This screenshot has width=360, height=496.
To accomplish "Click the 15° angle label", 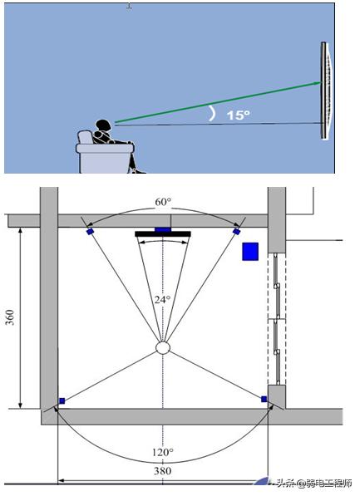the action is point(238,115).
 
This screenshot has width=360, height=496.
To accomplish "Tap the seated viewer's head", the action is point(104,125).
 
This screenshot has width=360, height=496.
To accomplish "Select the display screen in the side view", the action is point(327,91).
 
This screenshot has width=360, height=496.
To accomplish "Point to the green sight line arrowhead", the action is point(317,83).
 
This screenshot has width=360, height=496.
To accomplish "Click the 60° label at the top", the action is point(163,202).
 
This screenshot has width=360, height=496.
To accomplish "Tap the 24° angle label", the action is point(162,299).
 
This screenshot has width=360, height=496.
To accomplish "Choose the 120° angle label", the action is point(163,452).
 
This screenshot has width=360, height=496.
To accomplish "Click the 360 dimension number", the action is point(10,317).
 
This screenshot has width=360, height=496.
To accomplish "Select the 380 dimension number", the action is point(163,471).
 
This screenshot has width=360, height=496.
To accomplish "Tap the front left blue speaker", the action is point(91,232).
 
